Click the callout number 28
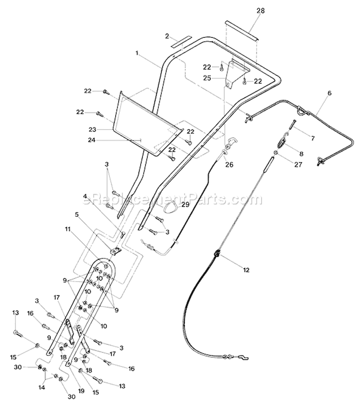(x=260, y=11)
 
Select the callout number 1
(x=137, y=53)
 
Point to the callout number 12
(x=246, y=270)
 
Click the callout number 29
(x=185, y=204)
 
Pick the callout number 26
(x=229, y=165)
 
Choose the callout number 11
(x=68, y=229)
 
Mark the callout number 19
(x=81, y=390)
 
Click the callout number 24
(x=92, y=141)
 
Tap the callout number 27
(x=298, y=165)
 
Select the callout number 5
(x=77, y=215)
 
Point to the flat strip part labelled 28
(x=241, y=30)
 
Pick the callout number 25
(x=207, y=78)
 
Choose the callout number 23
(x=93, y=130)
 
